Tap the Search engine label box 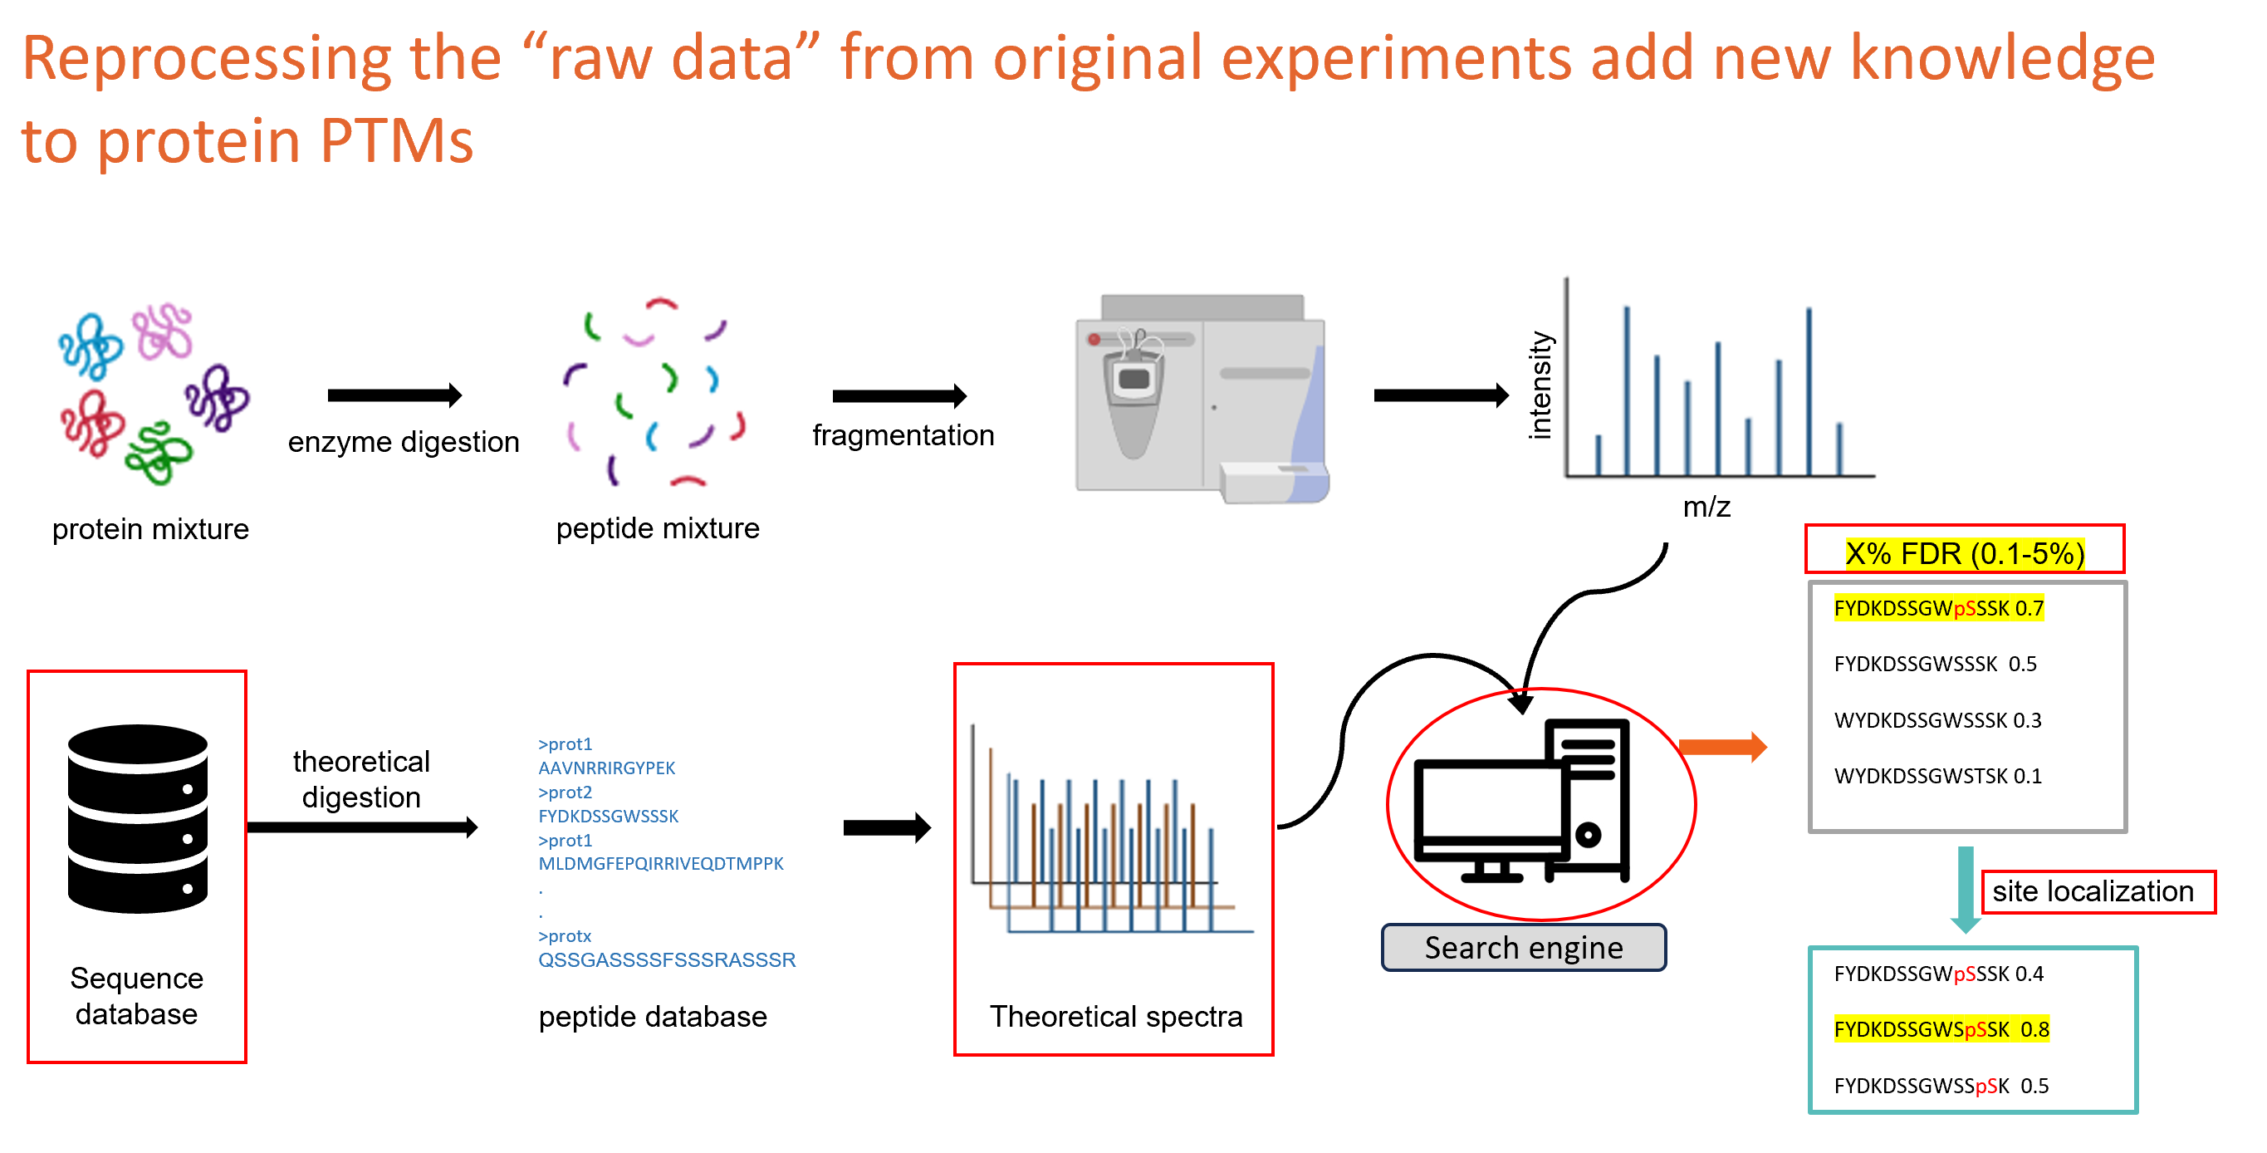coord(1522,947)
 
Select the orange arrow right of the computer coord(1721,748)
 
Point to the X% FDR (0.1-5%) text coord(1964,553)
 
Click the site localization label coord(2093,891)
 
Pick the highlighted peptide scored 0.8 coord(1941,1029)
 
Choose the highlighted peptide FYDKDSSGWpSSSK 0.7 coord(1938,608)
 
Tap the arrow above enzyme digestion coord(394,395)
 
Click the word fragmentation coord(903,434)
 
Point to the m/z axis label coord(1706,507)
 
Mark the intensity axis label coord(1540,385)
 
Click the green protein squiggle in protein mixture coord(159,453)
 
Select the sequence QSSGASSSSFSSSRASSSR coord(666,959)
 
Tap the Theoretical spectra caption coord(1115,1016)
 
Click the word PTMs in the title coord(396,141)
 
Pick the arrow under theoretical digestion coord(362,827)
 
